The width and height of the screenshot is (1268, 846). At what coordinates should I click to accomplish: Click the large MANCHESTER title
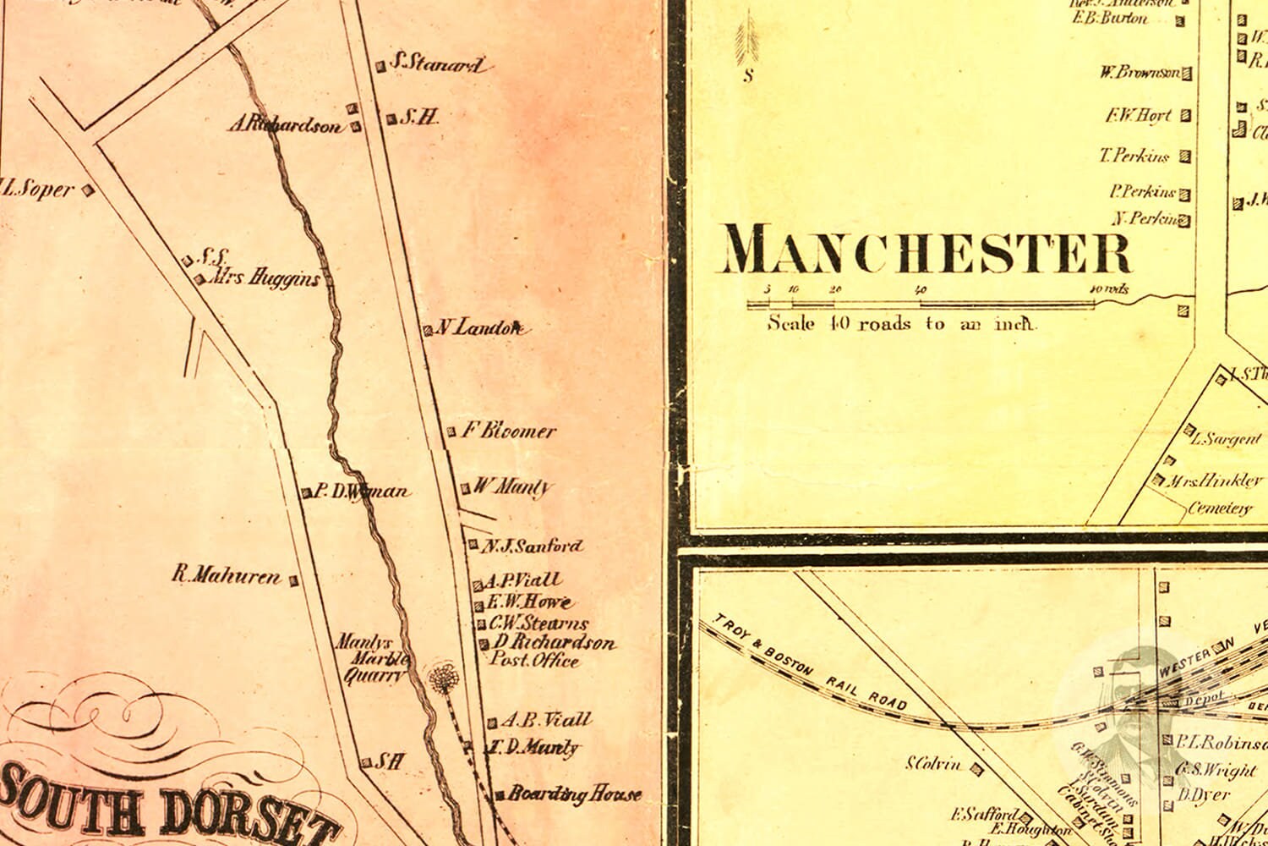pos(926,251)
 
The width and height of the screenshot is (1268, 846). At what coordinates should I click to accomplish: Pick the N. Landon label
pos(479,328)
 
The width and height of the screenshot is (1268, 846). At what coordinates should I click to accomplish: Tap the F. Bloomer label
pos(508,431)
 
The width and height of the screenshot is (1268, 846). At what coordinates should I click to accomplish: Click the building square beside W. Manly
pos(465,488)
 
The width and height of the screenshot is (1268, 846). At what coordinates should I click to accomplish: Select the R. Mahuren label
pos(226,577)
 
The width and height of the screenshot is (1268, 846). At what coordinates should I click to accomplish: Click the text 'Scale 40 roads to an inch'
pos(901,323)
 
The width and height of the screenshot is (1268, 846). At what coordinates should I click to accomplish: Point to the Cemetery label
pos(1219,508)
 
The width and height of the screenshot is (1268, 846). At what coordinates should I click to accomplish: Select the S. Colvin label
pos(933,765)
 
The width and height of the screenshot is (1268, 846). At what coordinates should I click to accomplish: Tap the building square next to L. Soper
pos(86,190)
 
